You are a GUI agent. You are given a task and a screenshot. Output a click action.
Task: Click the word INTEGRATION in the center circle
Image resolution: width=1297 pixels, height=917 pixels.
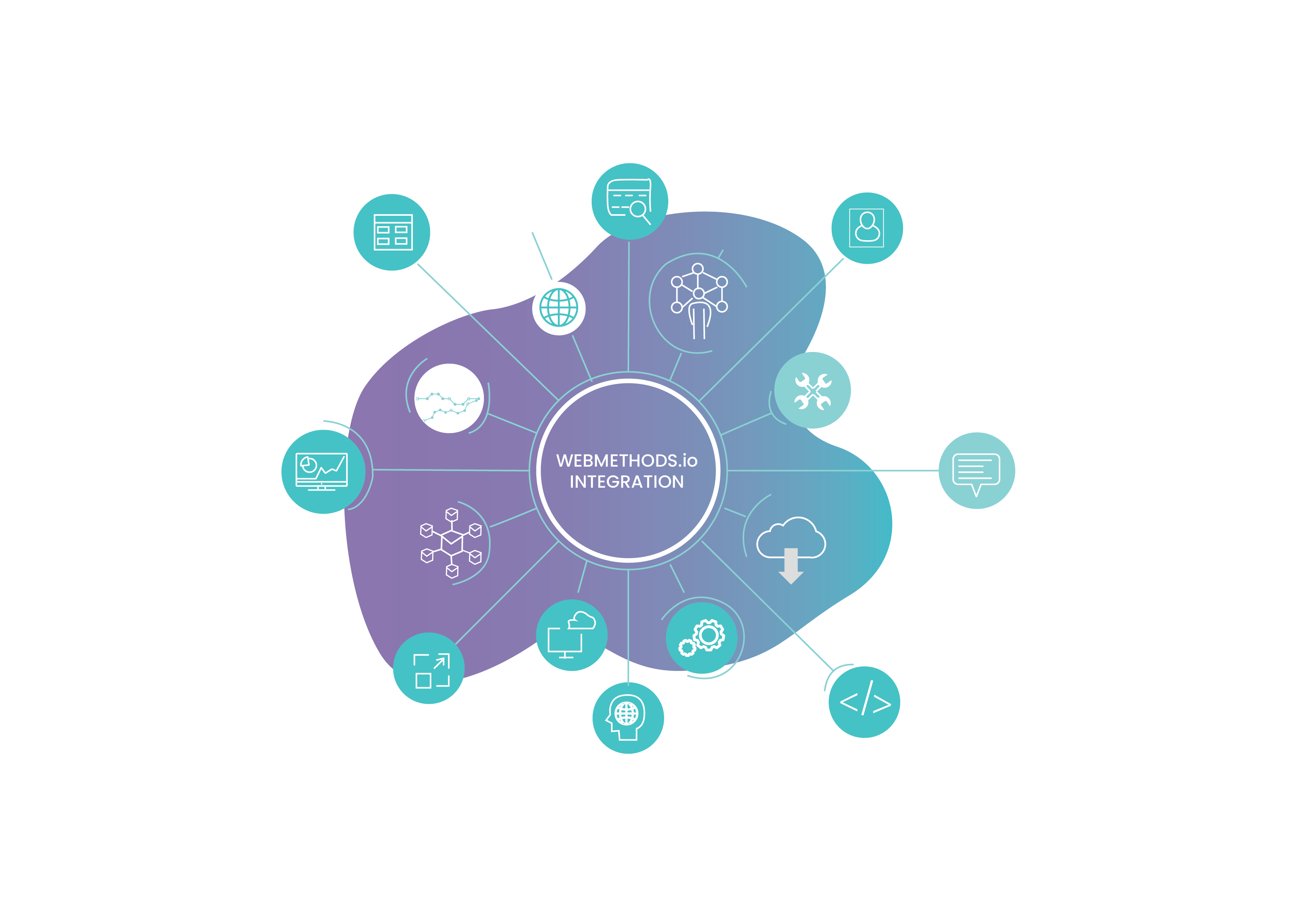(x=627, y=482)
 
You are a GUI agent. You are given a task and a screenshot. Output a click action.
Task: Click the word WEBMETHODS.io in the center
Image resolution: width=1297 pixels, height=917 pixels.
(x=627, y=461)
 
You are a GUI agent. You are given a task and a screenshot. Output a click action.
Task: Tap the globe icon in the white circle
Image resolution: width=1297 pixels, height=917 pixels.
(x=558, y=308)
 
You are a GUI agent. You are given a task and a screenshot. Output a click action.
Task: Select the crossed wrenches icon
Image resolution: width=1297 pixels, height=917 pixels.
(x=812, y=391)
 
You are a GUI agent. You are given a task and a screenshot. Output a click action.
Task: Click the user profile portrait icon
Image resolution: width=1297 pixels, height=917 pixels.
(x=866, y=228)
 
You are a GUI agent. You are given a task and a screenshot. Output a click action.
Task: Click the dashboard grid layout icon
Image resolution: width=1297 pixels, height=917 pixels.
(x=393, y=232)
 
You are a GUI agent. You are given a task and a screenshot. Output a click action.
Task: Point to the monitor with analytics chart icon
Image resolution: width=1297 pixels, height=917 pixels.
(x=322, y=471)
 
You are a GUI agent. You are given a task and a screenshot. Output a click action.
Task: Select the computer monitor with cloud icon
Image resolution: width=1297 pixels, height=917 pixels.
(x=572, y=635)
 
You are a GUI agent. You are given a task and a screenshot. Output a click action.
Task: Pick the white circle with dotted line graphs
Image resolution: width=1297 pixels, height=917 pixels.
(x=449, y=398)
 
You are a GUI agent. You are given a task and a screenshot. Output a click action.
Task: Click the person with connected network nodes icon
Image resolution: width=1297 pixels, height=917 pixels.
(x=699, y=301)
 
